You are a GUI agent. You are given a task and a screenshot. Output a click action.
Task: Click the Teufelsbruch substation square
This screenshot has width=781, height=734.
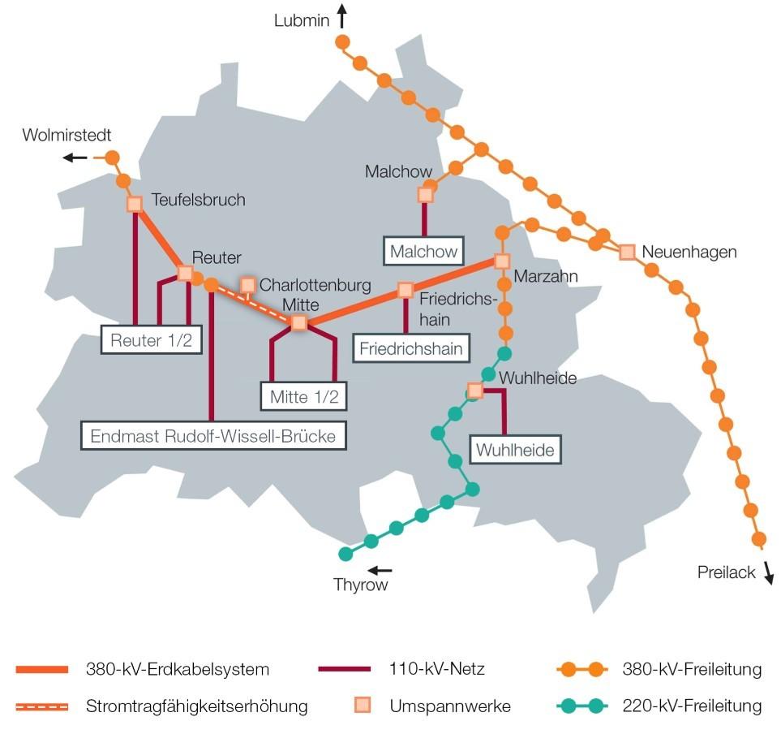point(135,204)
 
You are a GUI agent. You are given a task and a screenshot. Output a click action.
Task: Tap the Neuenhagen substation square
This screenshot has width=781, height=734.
point(627,252)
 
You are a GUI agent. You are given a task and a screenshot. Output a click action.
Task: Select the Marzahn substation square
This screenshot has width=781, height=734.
point(502,261)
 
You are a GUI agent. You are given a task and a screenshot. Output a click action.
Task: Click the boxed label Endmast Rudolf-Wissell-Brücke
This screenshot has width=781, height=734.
point(213,435)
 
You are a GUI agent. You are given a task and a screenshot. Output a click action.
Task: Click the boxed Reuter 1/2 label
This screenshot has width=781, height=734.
point(152,340)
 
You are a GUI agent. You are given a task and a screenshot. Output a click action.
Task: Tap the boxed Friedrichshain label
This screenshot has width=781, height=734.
point(411,349)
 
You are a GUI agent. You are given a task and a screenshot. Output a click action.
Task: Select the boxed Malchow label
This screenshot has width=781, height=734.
point(423,251)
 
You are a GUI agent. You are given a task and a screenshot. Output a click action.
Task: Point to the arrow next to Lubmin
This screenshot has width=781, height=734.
point(342,15)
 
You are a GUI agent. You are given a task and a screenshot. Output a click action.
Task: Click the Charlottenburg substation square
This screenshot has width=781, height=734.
point(248,285)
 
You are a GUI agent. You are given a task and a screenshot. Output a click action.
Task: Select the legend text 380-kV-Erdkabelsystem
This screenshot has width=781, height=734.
point(178,670)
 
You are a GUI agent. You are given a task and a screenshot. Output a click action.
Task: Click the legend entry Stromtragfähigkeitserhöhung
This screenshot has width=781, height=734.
point(197,706)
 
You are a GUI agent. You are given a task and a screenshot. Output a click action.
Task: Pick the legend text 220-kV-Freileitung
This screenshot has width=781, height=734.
point(692,706)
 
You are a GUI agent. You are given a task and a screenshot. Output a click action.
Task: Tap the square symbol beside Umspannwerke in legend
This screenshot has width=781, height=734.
point(366,705)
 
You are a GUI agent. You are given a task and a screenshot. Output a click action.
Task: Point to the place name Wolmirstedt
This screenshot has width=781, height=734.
point(67,135)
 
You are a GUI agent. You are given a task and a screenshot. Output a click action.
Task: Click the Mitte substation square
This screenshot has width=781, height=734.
point(298,322)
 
